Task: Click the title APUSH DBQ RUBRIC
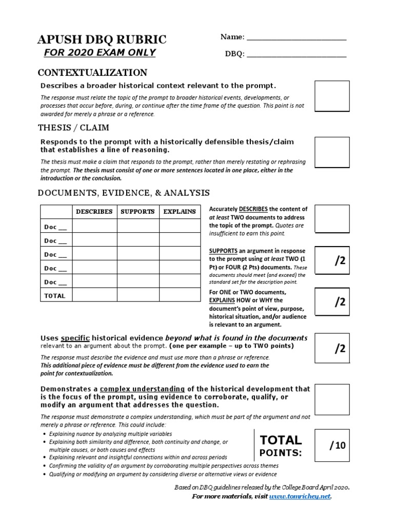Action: pos(101,39)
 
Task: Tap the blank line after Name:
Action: pos(297,38)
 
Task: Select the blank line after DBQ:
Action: pos(297,54)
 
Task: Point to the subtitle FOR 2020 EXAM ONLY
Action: pos(100,53)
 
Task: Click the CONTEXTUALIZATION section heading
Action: pos(93,72)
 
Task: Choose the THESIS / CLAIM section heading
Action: pos(73,127)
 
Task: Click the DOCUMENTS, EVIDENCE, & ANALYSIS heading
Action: pos(124,193)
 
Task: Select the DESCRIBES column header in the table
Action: pos(94,211)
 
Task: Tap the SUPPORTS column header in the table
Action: pos(137,211)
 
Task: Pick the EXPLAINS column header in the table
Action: pos(180,211)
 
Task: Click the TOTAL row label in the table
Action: pos(54,296)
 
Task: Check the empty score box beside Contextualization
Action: pos(332,96)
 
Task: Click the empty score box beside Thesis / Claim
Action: pos(332,152)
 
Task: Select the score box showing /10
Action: pos(332,446)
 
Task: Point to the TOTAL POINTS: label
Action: pos(280,446)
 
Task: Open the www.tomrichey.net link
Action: pos(300,496)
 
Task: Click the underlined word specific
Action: pos(75,338)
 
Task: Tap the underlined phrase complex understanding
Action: pos(142,389)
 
